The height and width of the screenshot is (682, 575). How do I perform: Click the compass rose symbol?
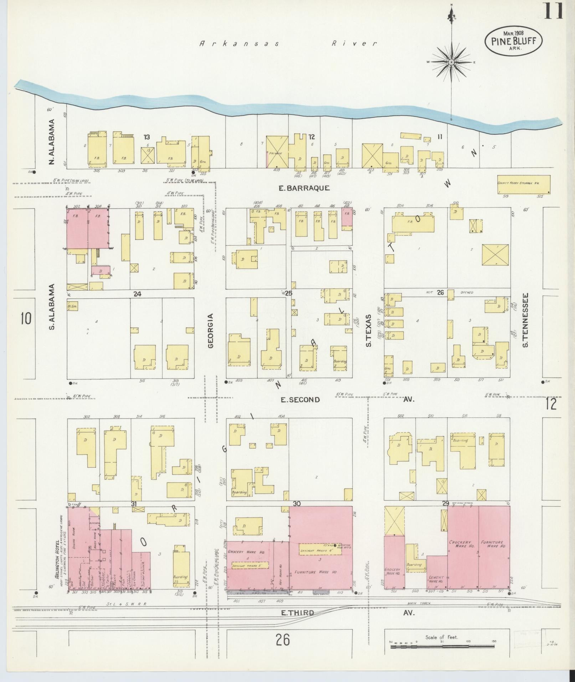point(451,62)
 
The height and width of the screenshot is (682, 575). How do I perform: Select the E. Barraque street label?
point(304,188)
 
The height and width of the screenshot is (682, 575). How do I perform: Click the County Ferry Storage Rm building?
point(523,185)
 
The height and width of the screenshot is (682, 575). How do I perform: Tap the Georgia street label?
point(210,330)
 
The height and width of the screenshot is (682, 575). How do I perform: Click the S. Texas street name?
point(369,330)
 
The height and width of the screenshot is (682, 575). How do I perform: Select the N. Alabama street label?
point(52,142)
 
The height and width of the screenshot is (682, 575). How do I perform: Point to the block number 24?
point(137,294)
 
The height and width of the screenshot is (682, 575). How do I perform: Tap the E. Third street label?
point(298,613)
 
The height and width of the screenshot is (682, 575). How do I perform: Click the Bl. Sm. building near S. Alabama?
point(72,306)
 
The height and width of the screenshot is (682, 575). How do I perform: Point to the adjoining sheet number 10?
point(26,318)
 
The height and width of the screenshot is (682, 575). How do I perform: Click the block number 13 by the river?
point(147,137)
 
